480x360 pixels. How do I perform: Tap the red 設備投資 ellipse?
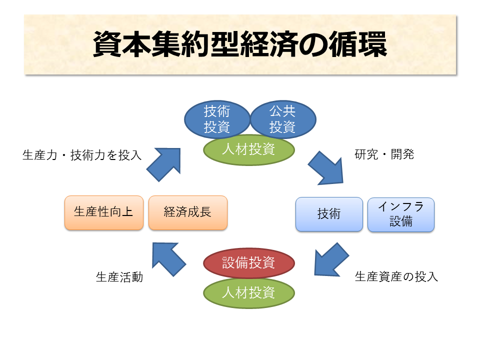(x=248, y=262)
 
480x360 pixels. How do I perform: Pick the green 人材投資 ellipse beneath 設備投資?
(x=248, y=292)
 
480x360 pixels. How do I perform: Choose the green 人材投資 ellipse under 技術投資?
(x=248, y=149)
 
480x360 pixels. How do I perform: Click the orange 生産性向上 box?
(x=103, y=212)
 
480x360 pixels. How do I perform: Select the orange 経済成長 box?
(x=187, y=212)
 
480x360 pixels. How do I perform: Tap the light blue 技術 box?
(x=328, y=214)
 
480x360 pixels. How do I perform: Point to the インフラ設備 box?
(x=400, y=214)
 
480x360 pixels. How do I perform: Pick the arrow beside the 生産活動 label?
(x=168, y=258)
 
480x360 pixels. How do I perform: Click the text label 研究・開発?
(x=384, y=154)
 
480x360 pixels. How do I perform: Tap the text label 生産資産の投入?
(x=396, y=276)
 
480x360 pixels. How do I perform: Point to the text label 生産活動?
(x=119, y=276)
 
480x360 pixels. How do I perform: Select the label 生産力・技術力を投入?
(x=82, y=155)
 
